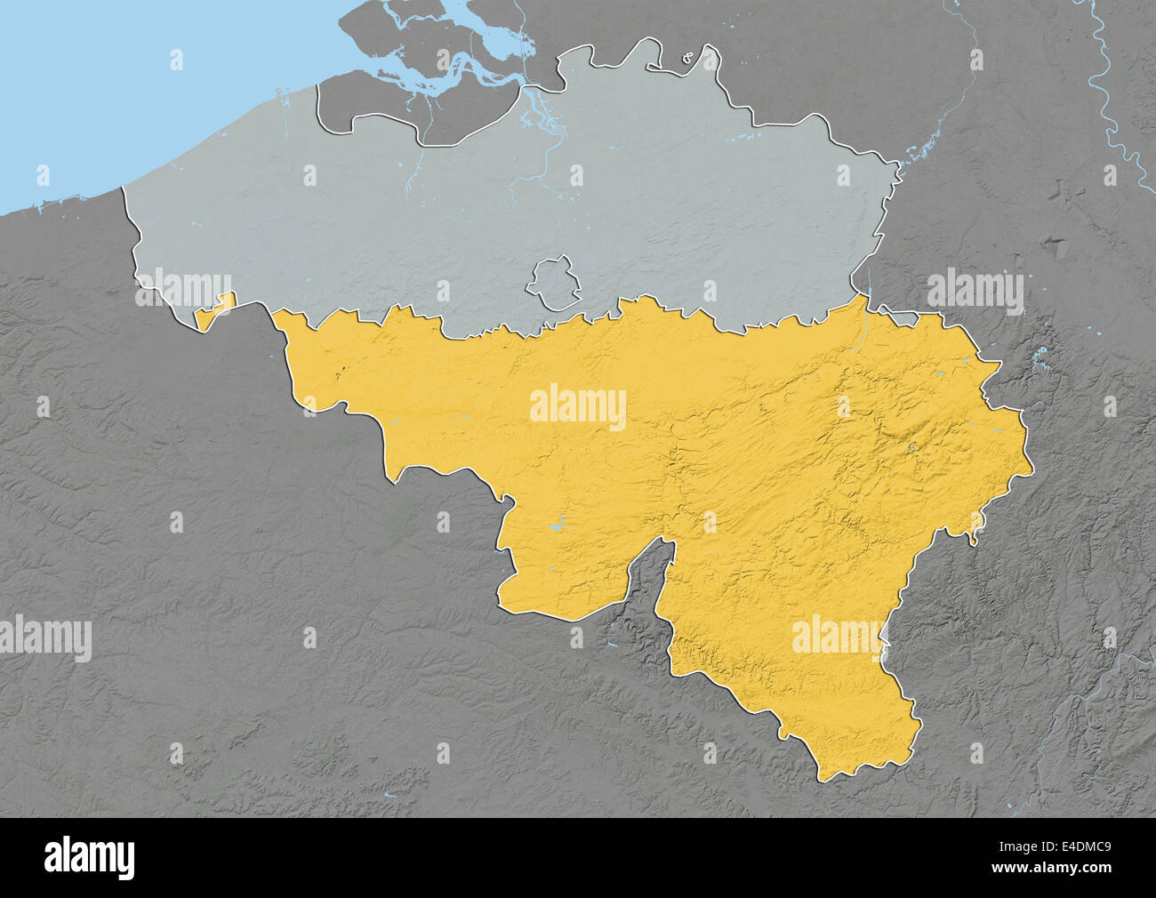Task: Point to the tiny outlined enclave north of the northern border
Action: point(687,60)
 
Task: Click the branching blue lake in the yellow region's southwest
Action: point(558,526)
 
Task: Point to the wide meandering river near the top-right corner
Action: point(1112,107)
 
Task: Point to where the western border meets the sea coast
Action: point(123,188)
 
